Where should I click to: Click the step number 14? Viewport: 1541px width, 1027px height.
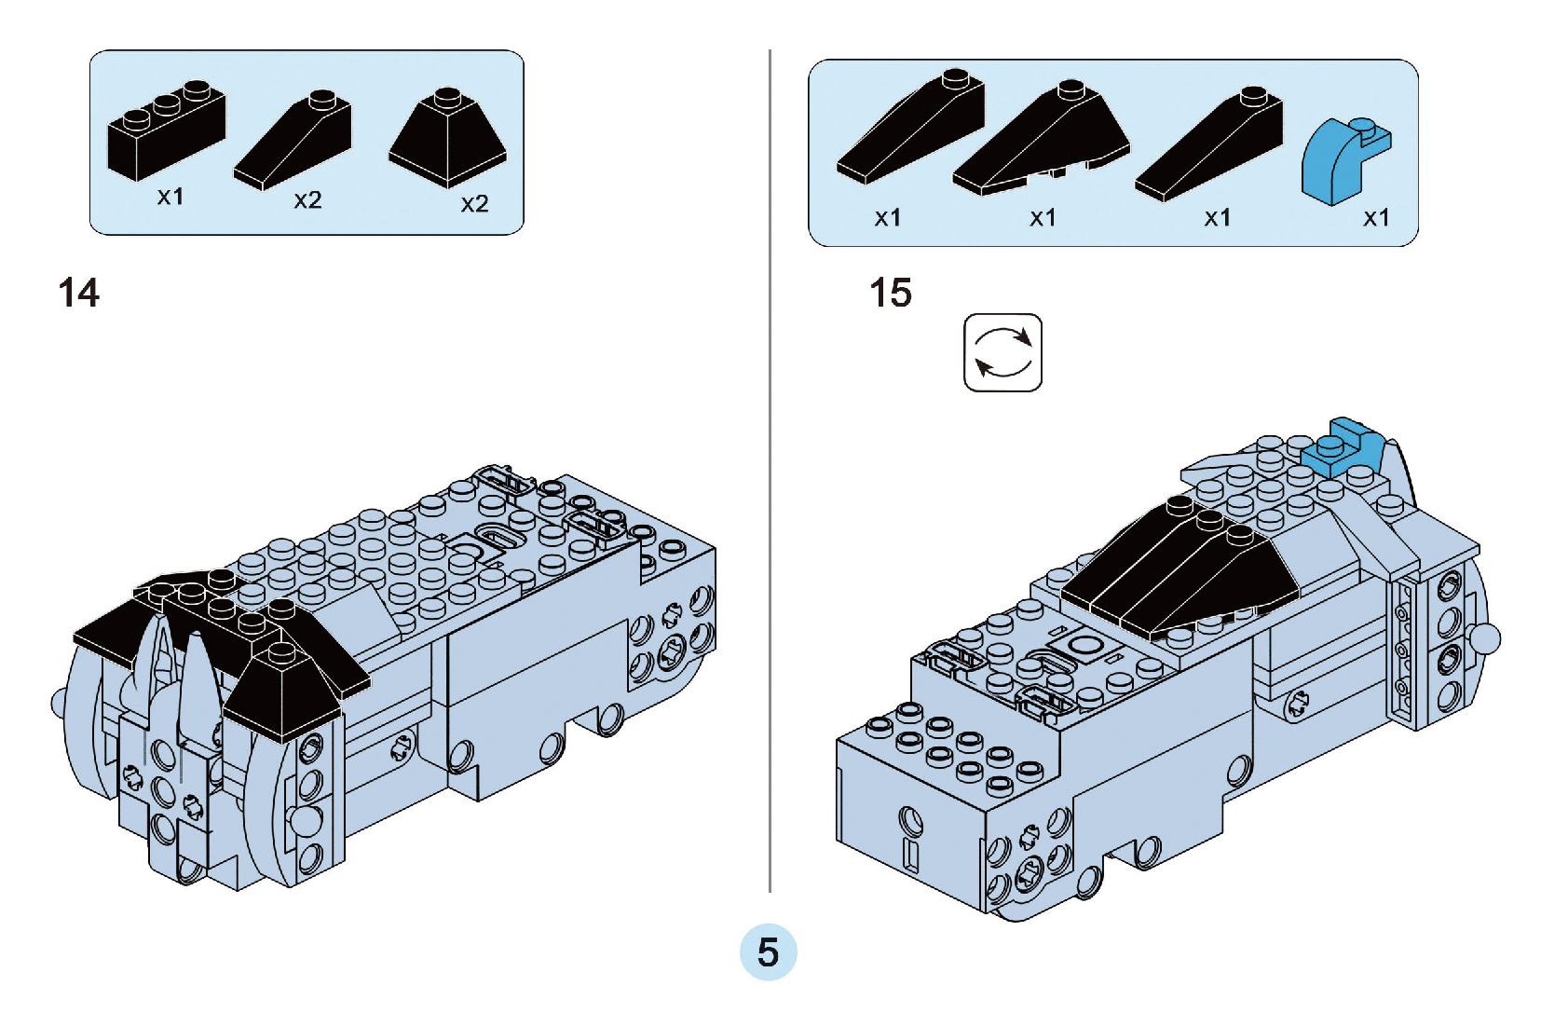point(78,294)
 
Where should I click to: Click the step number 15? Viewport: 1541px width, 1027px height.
point(890,293)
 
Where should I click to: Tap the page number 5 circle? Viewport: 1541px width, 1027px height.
point(768,952)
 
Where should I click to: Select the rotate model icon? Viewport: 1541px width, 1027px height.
point(1002,353)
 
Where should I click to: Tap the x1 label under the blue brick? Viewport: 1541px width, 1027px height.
point(1375,218)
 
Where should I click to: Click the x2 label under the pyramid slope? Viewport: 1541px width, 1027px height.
point(474,204)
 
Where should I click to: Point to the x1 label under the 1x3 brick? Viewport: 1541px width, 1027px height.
point(170,197)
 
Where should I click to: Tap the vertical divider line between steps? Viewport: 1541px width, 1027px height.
point(770,466)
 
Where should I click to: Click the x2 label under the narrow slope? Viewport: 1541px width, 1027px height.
point(307,200)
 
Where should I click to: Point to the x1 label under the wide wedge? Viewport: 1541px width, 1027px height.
point(1043,218)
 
